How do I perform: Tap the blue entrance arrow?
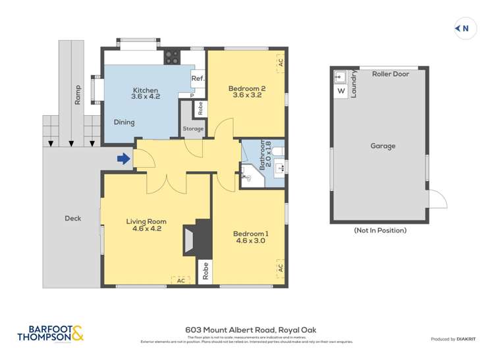[x=123, y=158]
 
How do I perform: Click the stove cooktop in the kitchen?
[x=172, y=57]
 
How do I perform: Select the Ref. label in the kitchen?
[x=198, y=78]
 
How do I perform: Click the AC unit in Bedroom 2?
[x=280, y=63]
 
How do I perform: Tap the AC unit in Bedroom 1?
[x=280, y=268]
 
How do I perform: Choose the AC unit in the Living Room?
[x=180, y=280]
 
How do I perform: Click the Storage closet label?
[x=193, y=129]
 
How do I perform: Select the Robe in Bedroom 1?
[x=206, y=272]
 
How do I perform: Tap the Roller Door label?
[x=390, y=74]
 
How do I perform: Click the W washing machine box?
[x=341, y=91]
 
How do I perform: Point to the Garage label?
[x=382, y=146]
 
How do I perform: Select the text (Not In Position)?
[x=379, y=230]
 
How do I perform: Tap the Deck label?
[x=72, y=218]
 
